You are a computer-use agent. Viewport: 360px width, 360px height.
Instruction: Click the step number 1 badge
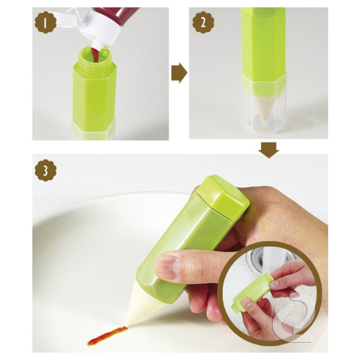(45, 22)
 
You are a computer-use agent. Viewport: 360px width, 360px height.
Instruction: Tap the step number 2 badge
(203, 22)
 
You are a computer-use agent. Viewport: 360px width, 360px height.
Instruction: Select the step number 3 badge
(45, 171)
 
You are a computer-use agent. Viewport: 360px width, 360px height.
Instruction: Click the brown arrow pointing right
(179, 73)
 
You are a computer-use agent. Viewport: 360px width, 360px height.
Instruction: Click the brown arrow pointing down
(269, 150)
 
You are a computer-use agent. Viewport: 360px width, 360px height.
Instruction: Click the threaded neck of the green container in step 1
(95, 56)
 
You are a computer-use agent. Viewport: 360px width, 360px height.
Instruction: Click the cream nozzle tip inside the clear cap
(265, 108)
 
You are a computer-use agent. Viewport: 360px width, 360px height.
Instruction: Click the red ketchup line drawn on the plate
(107, 336)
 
